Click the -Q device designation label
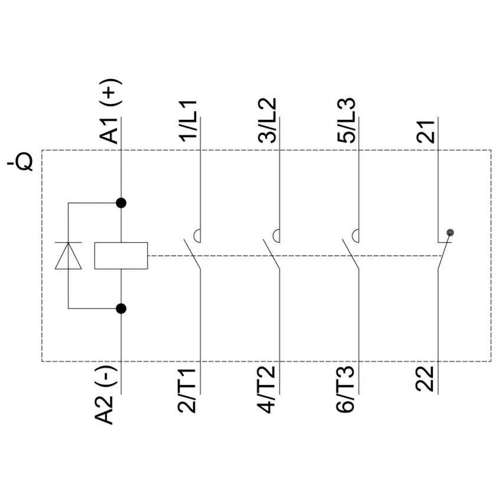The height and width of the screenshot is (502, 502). click(20, 162)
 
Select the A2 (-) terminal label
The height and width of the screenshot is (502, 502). click(105, 395)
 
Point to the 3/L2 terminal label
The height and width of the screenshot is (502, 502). click(267, 120)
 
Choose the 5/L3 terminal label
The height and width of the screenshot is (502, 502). click(346, 120)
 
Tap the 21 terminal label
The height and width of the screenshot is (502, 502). click(425, 132)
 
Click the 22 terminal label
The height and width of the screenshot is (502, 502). click(425, 379)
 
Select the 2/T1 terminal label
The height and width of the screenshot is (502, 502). click(187, 390)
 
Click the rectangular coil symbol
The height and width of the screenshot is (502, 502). click(121, 256)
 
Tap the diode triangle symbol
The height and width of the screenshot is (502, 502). click(68, 256)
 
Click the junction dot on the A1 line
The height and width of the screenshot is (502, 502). click(121, 203)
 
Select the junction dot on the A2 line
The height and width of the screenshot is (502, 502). click(121, 309)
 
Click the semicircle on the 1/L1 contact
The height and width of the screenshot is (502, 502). click(195, 236)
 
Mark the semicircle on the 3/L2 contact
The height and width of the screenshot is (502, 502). click(273, 236)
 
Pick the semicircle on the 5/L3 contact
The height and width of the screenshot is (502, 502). click(353, 236)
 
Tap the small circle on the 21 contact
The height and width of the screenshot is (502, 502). click(450, 233)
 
